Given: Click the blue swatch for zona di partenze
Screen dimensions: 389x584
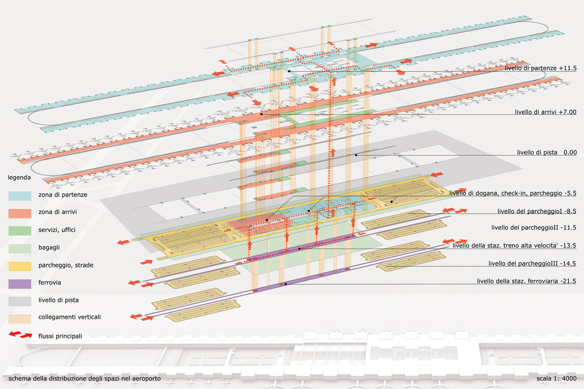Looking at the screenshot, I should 20,196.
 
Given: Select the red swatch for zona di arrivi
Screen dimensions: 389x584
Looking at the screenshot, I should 20,213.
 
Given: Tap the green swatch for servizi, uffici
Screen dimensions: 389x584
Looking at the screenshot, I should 20,231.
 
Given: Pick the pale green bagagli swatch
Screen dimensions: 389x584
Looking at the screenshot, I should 20,249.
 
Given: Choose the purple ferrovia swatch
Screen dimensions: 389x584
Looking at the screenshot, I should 20,284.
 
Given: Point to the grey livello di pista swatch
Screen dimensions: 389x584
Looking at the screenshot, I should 20,301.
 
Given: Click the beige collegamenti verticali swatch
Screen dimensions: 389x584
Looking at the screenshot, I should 20,319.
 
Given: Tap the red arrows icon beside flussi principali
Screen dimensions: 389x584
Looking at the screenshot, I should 21,335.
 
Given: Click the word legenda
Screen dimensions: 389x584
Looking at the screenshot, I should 19,178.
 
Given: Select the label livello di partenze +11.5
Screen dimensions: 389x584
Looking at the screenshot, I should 540,68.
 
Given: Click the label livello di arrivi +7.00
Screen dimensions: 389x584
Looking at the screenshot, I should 545,112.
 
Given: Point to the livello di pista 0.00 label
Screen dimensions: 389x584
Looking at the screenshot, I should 547,153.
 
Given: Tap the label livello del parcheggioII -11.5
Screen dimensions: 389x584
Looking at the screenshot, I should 533,228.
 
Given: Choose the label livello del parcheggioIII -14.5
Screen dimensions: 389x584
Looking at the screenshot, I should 532,264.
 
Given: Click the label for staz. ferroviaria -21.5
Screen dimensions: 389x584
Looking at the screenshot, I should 526,281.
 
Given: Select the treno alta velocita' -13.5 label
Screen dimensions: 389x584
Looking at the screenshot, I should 514,246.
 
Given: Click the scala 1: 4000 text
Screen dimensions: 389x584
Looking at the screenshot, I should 556,379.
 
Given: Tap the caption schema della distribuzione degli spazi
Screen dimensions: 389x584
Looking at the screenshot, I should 84,379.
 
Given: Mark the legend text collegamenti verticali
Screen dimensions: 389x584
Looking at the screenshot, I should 70,317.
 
